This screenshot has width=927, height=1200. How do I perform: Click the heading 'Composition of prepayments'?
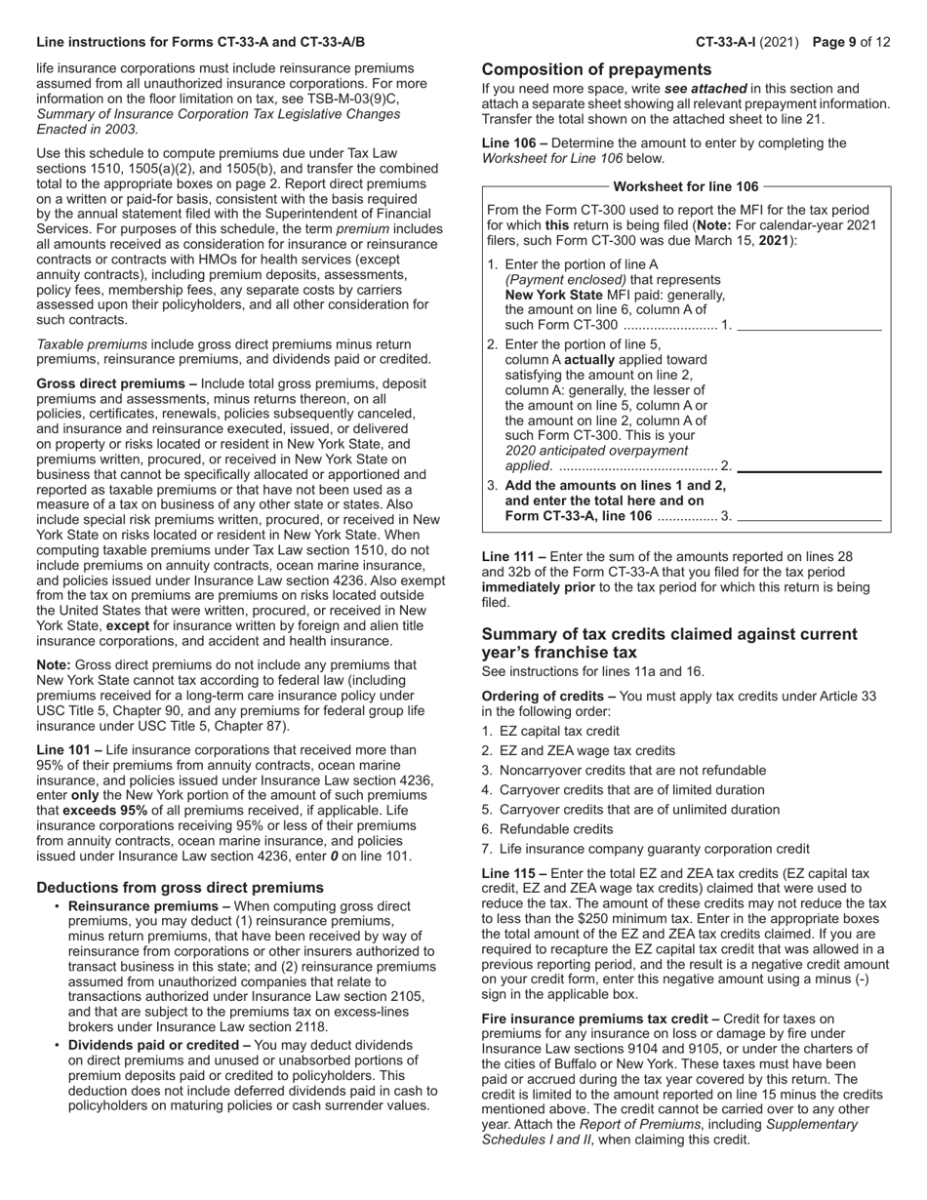point(596,69)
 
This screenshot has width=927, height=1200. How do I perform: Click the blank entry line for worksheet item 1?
point(809,325)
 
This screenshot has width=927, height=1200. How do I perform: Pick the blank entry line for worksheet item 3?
point(809,516)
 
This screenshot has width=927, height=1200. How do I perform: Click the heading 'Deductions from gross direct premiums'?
point(180,887)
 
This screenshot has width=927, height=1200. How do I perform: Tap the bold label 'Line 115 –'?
point(514,873)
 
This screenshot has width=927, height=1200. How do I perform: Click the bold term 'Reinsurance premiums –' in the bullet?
point(149,906)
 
